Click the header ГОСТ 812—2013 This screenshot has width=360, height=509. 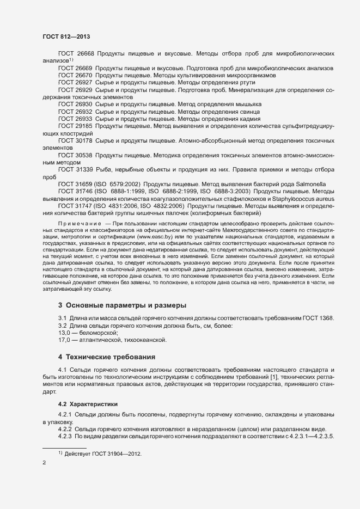[x=66, y=36]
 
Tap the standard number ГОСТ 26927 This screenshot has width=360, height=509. [x=76, y=82]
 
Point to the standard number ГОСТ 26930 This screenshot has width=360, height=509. [x=76, y=103]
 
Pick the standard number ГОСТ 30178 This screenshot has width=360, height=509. [x=76, y=140]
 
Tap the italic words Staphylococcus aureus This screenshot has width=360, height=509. [x=303, y=199]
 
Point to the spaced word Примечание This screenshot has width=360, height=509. [x=80, y=224]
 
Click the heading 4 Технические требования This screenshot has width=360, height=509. [x=107, y=357]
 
